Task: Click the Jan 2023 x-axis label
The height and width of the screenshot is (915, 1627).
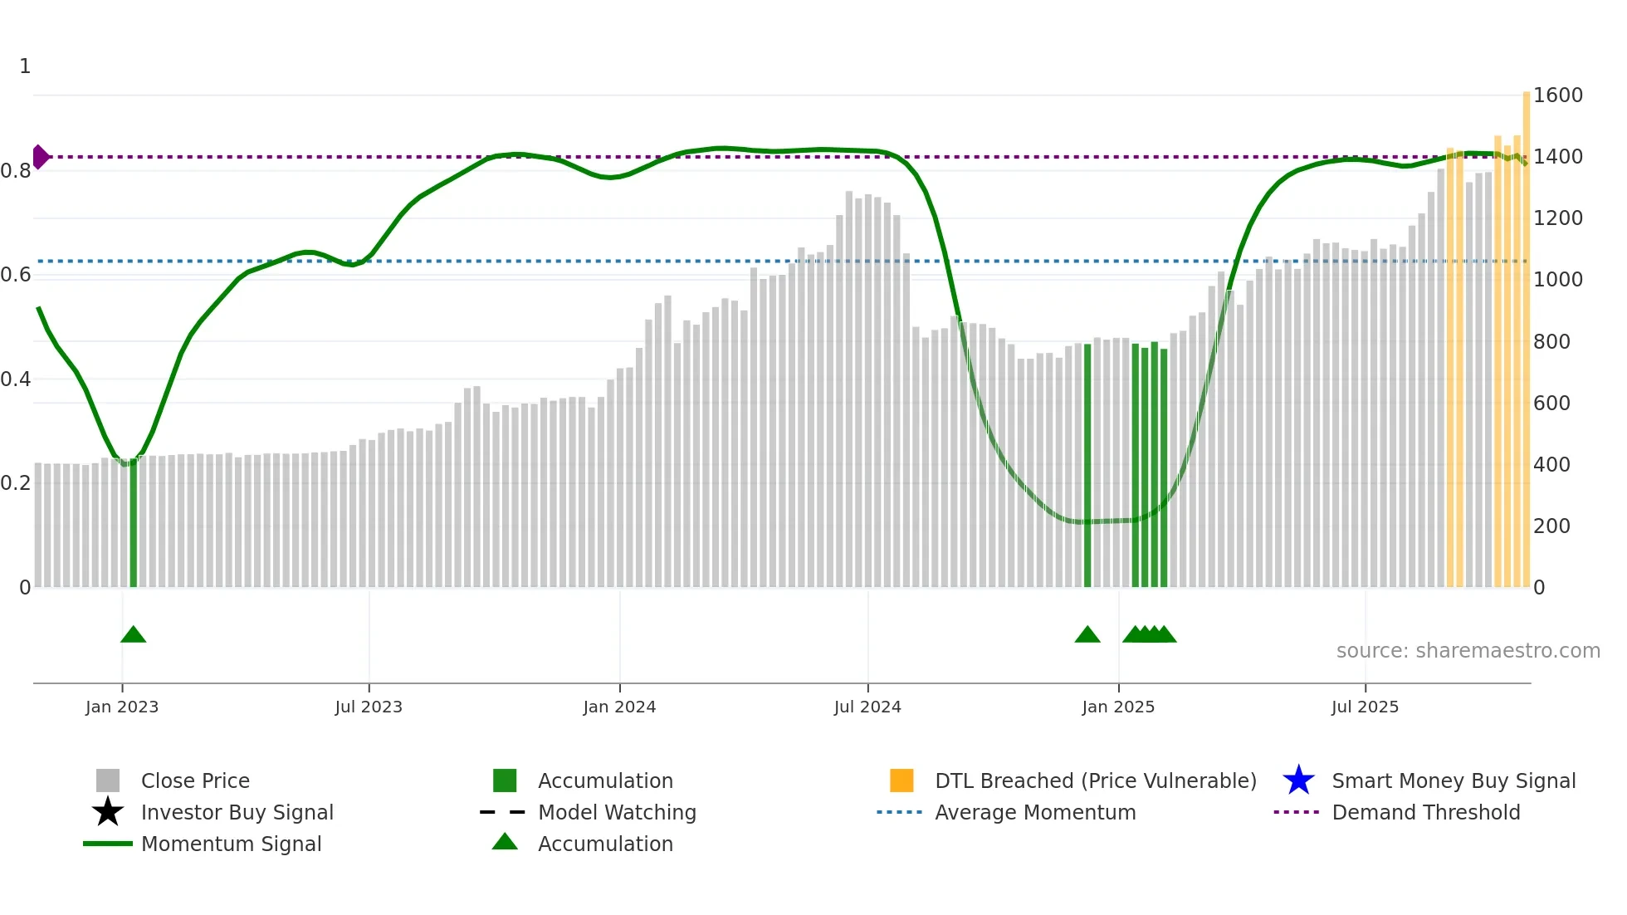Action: (x=122, y=707)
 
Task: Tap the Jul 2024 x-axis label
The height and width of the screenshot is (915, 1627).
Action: (x=867, y=707)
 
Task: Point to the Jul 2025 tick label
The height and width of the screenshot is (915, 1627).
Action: (x=1365, y=707)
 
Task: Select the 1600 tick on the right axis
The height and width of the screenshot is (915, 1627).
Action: (x=1557, y=95)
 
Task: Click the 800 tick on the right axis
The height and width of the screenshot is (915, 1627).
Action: (x=1551, y=341)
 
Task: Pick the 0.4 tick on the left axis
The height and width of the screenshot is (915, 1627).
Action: (x=16, y=379)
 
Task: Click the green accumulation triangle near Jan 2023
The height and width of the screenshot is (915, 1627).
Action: (x=133, y=634)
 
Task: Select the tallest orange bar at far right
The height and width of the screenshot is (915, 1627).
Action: (x=1526, y=332)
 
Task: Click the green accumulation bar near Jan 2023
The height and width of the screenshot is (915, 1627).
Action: (x=133, y=523)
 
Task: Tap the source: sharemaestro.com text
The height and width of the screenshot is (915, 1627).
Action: (x=1468, y=651)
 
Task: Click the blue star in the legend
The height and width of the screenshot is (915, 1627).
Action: (x=1298, y=780)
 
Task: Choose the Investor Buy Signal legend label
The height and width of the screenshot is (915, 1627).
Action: (x=237, y=812)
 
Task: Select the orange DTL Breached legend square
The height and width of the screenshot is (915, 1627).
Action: (x=901, y=780)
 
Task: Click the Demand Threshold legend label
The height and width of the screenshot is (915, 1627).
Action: (x=1425, y=812)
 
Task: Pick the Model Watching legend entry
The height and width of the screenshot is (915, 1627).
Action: (x=616, y=812)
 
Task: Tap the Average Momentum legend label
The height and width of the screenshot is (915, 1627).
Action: (x=1034, y=812)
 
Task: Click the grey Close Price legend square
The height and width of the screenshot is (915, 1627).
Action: (x=108, y=780)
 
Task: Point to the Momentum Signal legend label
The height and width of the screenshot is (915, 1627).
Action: (x=231, y=844)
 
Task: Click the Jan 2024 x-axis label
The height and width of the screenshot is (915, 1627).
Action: (x=619, y=707)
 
